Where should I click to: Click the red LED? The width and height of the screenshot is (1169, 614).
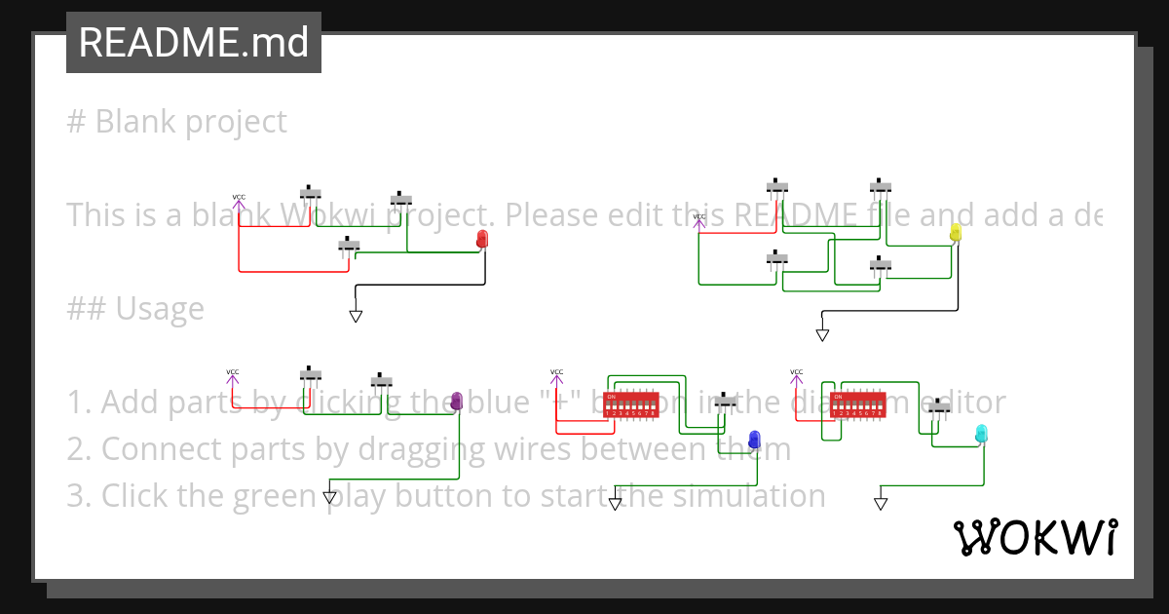(x=483, y=240)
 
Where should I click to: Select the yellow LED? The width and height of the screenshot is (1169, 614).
(x=956, y=232)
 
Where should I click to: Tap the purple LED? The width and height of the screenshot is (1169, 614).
(x=457, y=402)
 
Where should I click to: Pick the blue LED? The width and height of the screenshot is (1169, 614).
(x=754, y=440)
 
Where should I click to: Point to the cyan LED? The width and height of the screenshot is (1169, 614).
(x=982, y=433)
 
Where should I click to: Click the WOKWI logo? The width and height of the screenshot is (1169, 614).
(x=1035, y=537)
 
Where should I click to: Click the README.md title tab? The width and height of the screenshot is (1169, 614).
(x=194, y=43)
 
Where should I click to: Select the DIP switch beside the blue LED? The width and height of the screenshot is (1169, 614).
(x=631, y=404)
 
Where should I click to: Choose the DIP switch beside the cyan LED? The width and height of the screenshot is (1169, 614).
(x=857, y=404)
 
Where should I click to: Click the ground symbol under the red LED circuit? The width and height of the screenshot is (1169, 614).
(x=356, y=316)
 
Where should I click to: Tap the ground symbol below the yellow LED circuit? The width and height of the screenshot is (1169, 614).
(x=822, y=334)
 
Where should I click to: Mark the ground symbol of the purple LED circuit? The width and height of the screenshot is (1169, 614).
(x=329, y=497)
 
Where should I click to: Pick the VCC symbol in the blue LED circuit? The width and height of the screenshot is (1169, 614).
(x=556, y=377)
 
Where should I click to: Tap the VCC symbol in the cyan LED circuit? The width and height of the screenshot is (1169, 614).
(x=797, y=377)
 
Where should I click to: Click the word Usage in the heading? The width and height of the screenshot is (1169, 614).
(x=160, y=309)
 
